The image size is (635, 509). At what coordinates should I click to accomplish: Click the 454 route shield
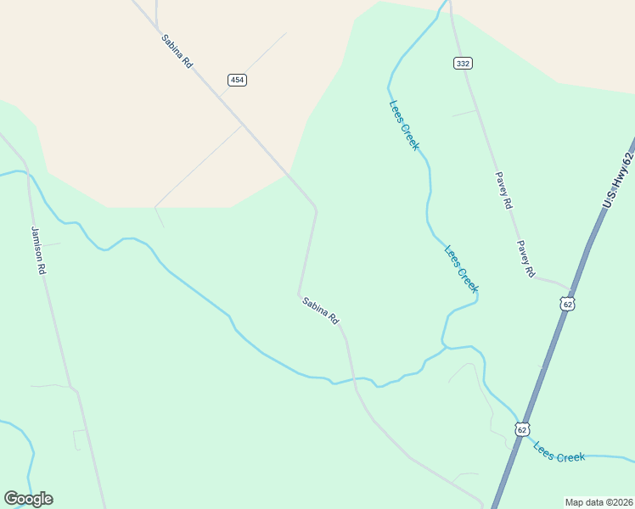click(237, 80)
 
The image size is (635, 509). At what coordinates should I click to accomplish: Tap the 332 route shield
click(463, 64)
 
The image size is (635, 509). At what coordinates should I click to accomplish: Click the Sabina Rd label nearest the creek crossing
click(321, 310)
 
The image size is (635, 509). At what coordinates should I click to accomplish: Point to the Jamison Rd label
click(38, 249)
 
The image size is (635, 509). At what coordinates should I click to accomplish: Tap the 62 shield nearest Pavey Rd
click(567, 303)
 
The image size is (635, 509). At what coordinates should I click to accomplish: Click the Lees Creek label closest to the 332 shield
click(404, 126)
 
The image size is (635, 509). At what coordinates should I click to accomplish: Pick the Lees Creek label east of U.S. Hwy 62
click(559, 451)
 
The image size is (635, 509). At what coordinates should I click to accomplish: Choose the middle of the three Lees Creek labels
click(462, 268)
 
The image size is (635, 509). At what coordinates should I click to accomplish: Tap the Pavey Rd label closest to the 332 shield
click(504, 191)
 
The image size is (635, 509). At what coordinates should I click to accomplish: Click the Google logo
click(28, 499)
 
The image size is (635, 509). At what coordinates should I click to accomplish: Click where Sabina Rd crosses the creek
click(354, 379)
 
